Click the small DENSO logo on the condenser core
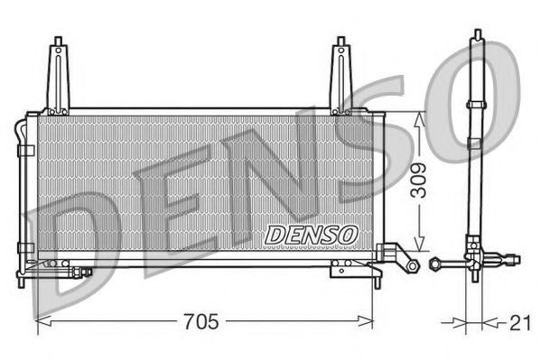[312, 234]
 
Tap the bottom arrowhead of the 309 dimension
[418, 246]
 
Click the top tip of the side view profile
[476, 33]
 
